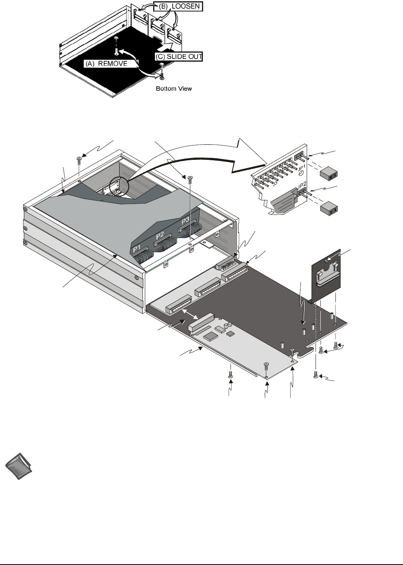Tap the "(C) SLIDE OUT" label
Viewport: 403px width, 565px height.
pos(178,56)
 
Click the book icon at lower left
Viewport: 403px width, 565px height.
pos(19,469)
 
